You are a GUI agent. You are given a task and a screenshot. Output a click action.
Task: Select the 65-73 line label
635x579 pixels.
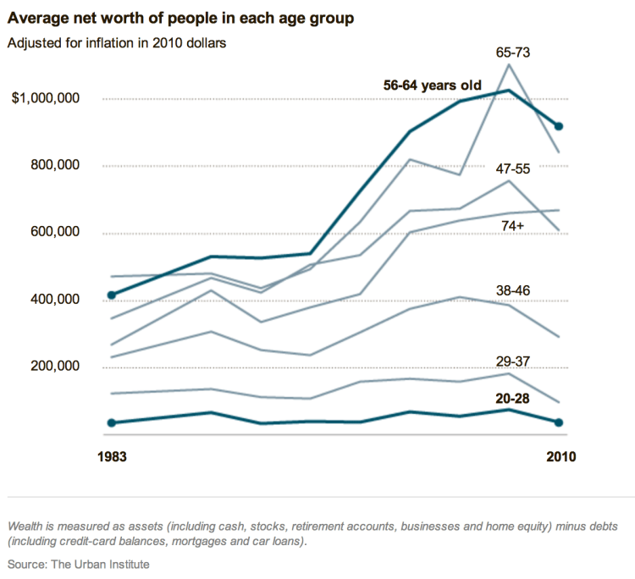[x=513, y=52]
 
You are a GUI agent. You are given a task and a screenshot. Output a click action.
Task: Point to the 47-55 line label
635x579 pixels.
[x=513, y=168]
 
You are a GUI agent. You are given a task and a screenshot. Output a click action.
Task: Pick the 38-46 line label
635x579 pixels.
[x=513, y=290]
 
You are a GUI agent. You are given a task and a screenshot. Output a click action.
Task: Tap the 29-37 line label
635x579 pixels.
[x=513, y=361]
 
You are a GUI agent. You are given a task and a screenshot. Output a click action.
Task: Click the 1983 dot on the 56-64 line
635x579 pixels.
[x=111, y=295]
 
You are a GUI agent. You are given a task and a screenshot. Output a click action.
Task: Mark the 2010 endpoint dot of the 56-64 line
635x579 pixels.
[x=559, y=127]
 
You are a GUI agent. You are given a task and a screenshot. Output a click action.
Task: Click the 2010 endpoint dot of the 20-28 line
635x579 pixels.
[x=559, y=422]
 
